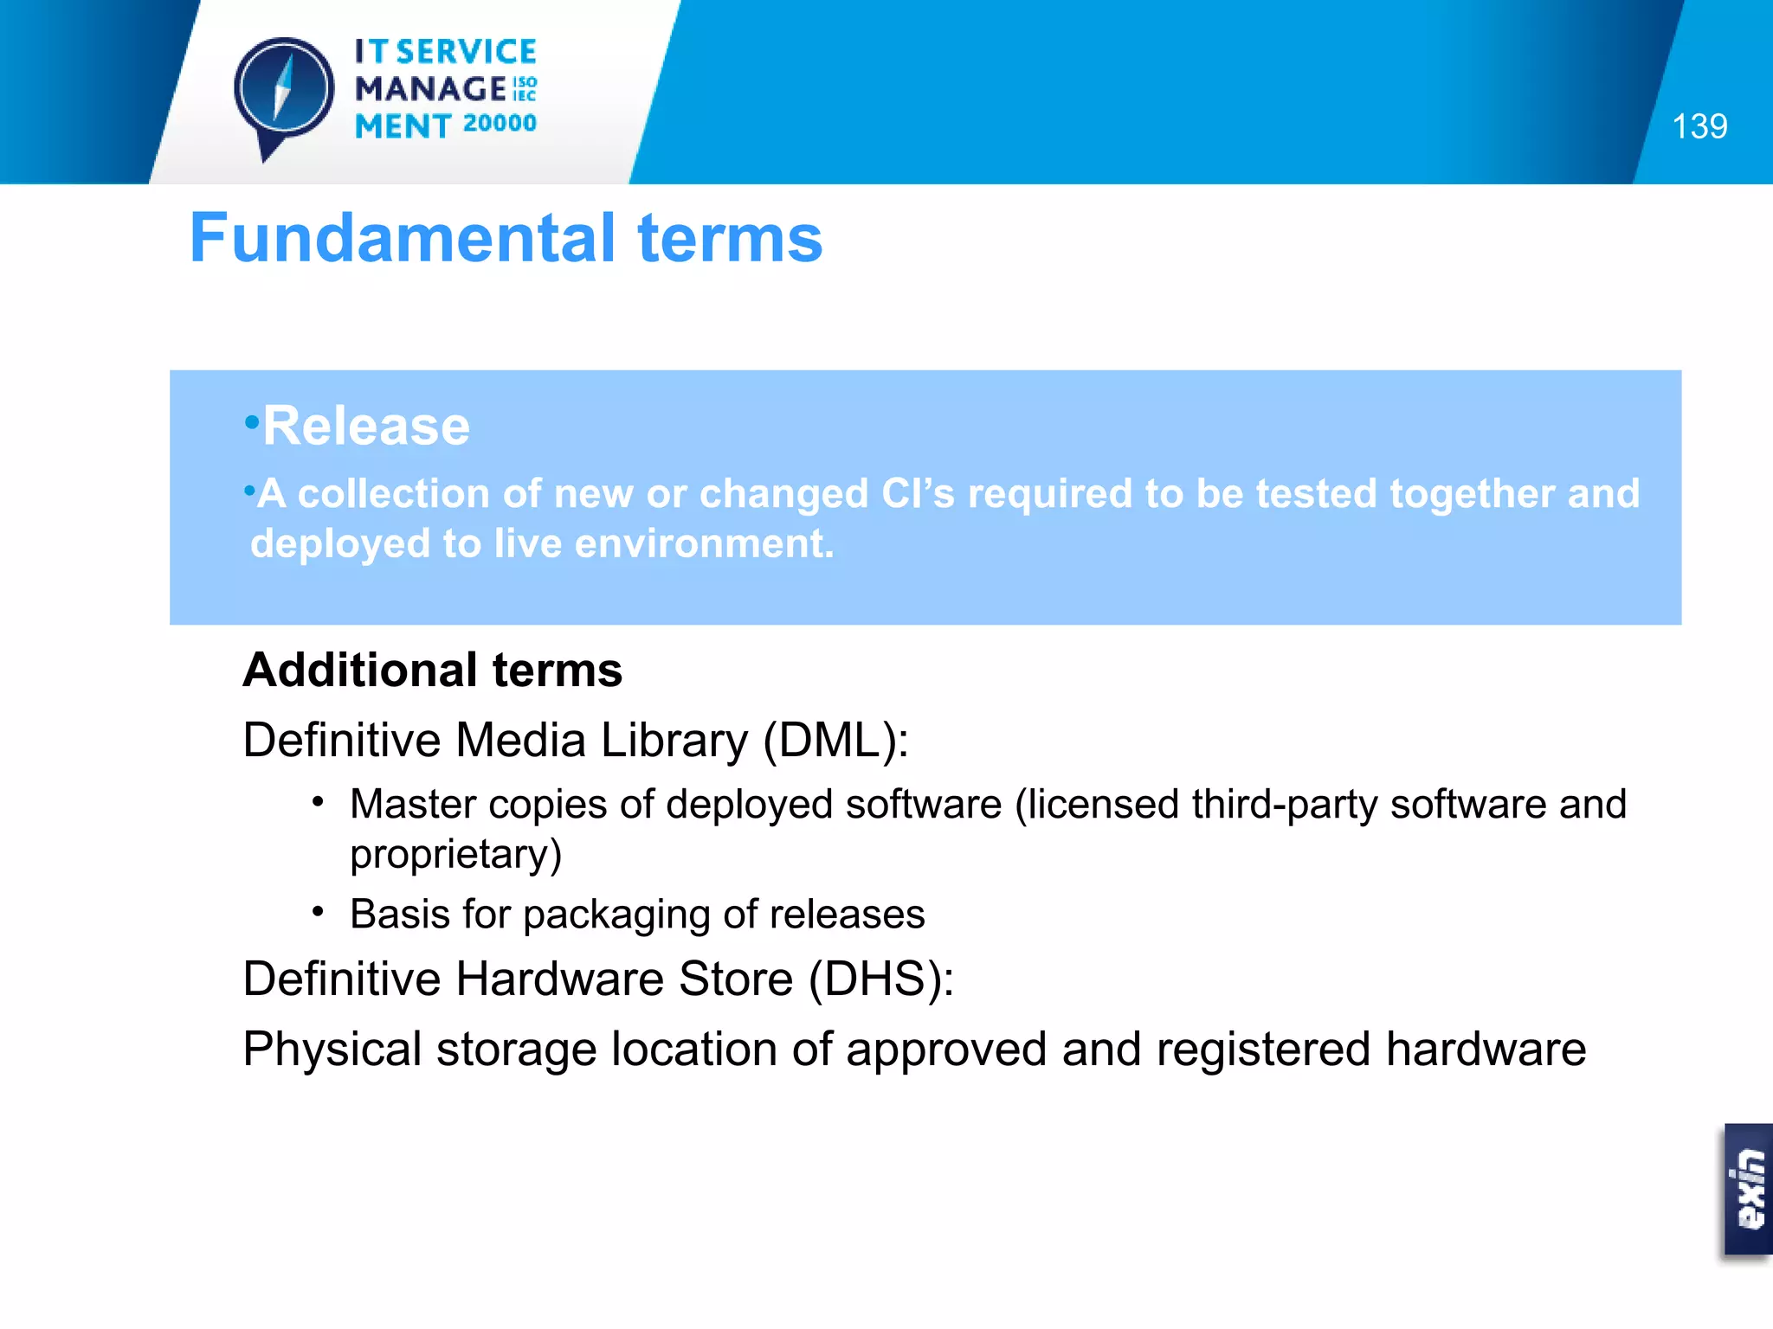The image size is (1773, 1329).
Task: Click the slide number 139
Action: point(1699,126)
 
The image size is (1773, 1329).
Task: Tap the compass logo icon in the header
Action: point(284,92)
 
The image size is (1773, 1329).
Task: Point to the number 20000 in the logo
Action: point(500,124)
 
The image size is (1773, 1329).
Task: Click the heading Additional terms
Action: point(432,670)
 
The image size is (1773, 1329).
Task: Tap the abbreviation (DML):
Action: point(835,741)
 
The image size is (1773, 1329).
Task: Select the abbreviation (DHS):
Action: point(880,979)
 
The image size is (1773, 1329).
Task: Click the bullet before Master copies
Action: point(319,802)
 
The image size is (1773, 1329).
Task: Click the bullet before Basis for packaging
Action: point(319,912)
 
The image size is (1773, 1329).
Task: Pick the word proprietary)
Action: point(456,855)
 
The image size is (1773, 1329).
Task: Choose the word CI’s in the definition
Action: point(917,494)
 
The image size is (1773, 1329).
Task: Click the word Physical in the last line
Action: point(332,1050)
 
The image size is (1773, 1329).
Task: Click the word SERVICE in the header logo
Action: point(467,52)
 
